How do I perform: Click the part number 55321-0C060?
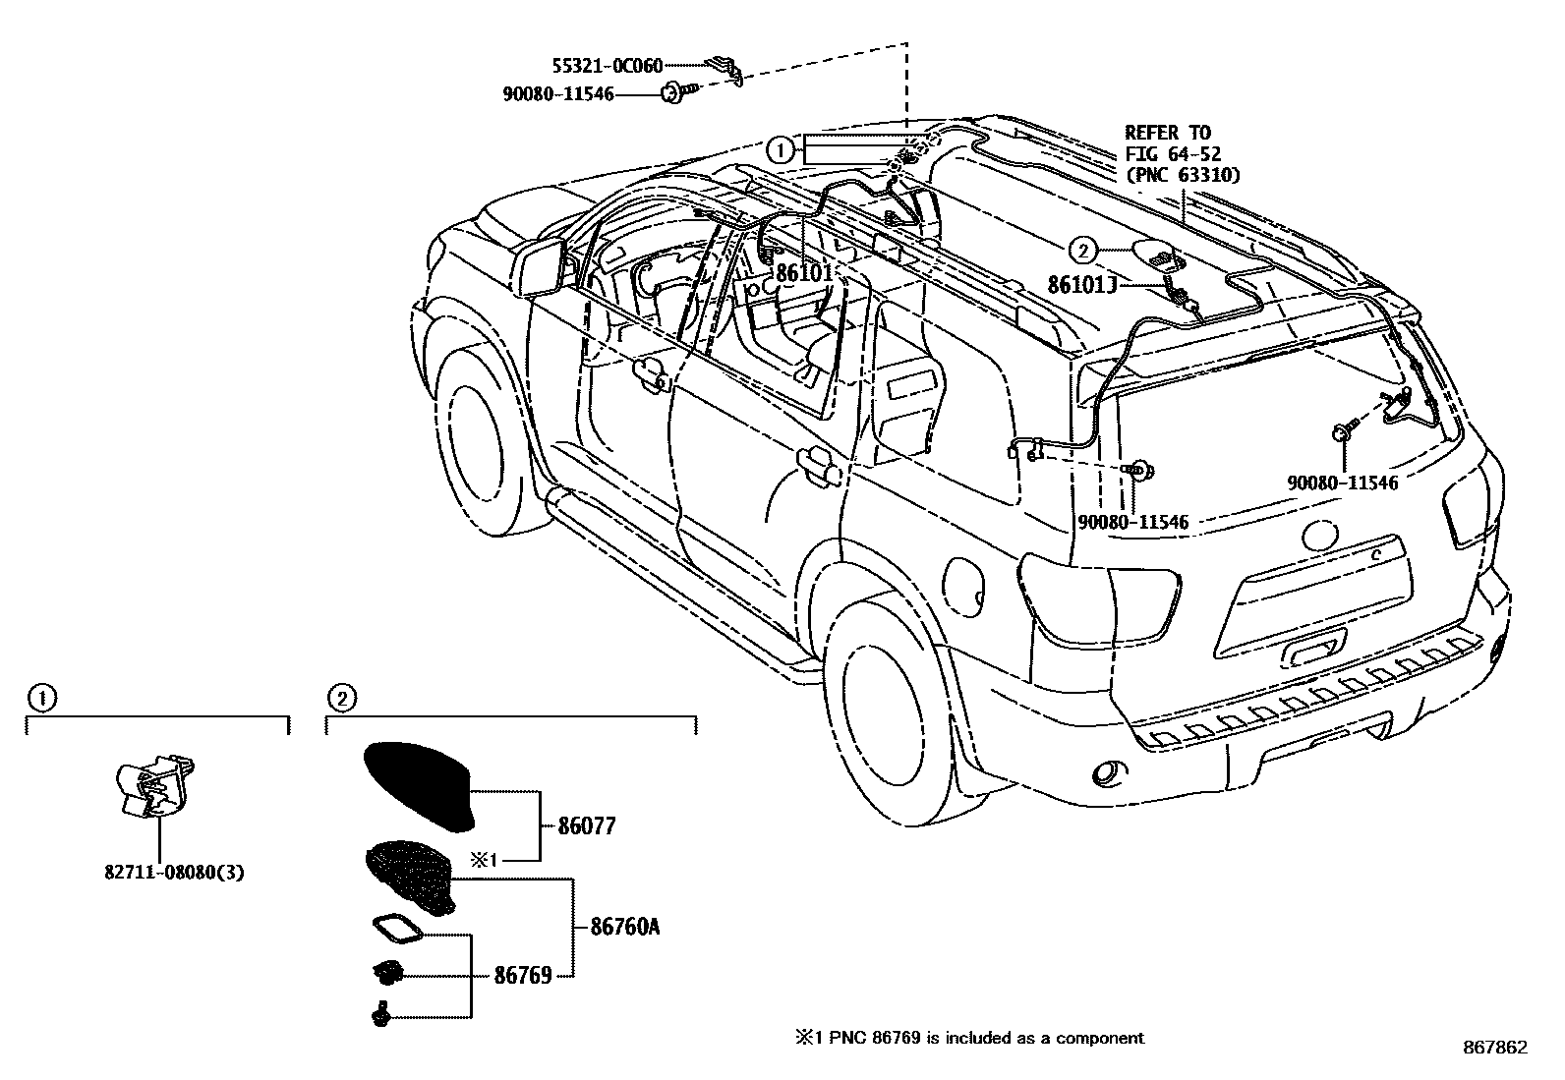[608, 66]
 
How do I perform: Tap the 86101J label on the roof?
[1082, 284]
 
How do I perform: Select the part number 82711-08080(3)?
[174, 873]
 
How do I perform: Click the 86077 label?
[587, 826]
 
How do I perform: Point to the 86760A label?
[624, 927]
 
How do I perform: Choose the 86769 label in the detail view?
[523, 975]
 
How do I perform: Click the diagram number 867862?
[1495, 1048]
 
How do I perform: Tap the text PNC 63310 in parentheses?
[1183, 175]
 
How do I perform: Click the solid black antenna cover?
[418, 785]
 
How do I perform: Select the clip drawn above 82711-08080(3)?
[154, 785]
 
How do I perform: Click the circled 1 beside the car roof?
[781, 150]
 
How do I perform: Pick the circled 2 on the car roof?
[1082, 250]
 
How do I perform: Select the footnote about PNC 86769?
[969, 1038]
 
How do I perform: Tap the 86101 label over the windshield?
[804, 272]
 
